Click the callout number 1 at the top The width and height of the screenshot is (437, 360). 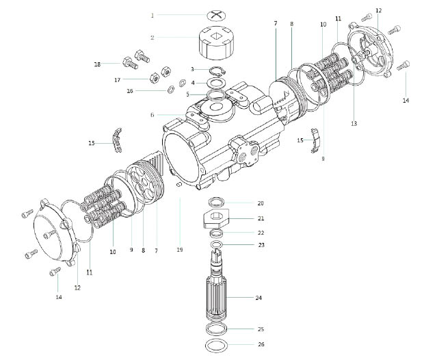[x=153, y=15]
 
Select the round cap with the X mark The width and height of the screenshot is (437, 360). [x=217, y=16]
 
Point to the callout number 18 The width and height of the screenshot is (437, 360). [x=97, y=64]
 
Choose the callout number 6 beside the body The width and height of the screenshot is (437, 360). [x=153, y=115]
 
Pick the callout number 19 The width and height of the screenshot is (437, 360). [x=180, y=250]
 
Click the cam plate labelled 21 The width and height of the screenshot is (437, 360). [x=215, y=218]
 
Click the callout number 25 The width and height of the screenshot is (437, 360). [x=261, y=329]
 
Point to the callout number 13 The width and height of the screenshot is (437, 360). [x=354, y=123]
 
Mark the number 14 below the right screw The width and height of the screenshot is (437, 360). [x=406, y=101]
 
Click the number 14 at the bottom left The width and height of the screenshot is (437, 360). [x=59, y=297]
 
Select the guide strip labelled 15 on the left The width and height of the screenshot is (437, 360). [x=118, y=140]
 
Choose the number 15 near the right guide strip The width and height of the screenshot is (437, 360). [x=300, y=140]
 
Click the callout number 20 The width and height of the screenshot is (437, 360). [x=261, y=203]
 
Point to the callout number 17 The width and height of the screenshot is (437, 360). [x=118, y=80]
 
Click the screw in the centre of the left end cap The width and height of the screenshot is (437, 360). [x=48, y=234]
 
